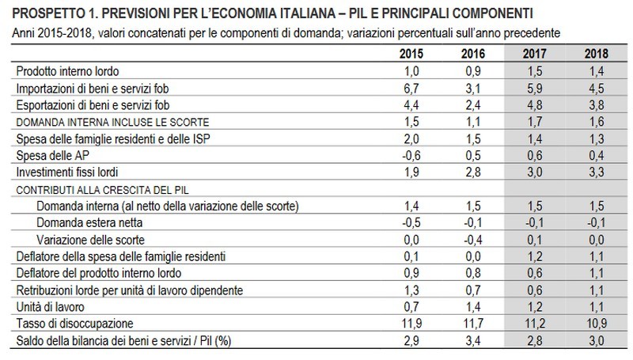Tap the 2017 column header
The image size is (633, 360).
[536, 55]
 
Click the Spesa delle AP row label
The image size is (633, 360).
[49, 156]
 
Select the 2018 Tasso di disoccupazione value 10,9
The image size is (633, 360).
[597, 324]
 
